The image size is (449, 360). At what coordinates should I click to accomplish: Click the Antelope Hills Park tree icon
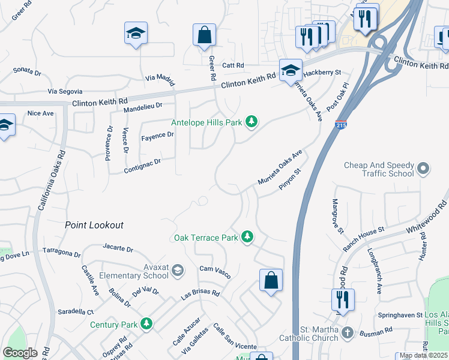(x=252, y=122)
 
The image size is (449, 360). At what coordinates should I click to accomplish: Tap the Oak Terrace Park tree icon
(x=247, y=238)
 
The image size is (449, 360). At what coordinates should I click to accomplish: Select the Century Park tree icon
(x=146, y=325)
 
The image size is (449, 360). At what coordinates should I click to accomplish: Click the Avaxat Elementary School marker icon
(x=177, y=272)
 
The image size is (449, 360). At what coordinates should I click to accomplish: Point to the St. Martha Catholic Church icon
(x=348, y=332)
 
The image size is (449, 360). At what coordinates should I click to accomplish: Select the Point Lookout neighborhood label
(x=94, y=225)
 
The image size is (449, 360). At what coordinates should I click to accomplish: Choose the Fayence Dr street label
(x=157, y=136)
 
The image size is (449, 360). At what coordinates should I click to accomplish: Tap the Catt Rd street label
(x=233, y=65)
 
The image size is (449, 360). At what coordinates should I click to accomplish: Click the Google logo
(x=19, y=353)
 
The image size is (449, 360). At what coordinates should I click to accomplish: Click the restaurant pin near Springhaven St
(x=342, y=299)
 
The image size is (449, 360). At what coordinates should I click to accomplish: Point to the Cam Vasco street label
(x=215, y=271)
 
